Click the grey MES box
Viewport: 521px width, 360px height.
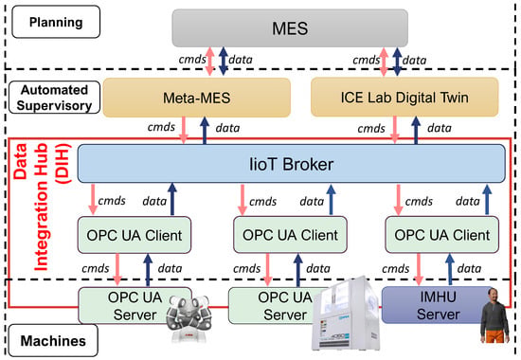[x=290, y=27]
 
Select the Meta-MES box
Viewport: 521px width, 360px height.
[x=197, y=98]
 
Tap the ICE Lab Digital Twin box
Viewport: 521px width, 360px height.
[x=404, y=97]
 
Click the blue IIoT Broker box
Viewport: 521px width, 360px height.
[x=292, y=164]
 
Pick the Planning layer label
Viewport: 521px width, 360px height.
[x=56, y=22]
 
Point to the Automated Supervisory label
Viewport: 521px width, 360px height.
[x=54, y=98]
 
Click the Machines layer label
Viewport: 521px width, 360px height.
[x=53, y=341]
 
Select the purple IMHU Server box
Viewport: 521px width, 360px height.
[x=438, y=305]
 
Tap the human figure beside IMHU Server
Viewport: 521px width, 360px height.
[x=494, y=315]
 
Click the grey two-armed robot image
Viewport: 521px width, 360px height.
[x=188, y=316]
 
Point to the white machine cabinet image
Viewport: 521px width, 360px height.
[x=346, y=314]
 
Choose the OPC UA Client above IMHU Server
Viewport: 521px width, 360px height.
[x=442, y=235]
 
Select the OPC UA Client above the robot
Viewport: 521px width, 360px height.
[x=135, y=235]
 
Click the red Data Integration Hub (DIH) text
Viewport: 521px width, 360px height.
[x=42, y=207]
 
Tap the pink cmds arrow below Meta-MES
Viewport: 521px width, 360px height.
[x=184, y=130]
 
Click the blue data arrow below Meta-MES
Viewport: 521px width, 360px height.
[x=205, y=131]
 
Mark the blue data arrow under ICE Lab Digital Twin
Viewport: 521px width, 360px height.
[x=416, y=130]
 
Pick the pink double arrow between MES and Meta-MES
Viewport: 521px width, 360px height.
[x=209, y=62]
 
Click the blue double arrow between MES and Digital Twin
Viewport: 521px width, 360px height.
[x=397, y=62]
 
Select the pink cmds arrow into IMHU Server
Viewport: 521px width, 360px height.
[x=419, y=269]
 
